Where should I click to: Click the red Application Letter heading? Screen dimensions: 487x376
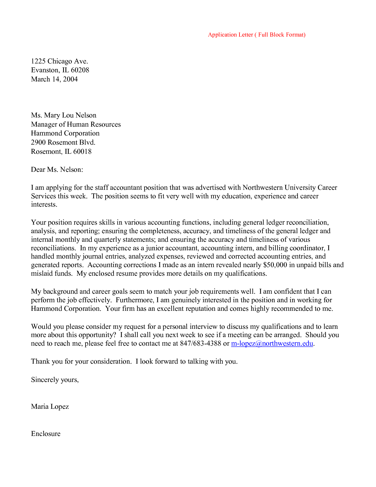[x=257, y=35]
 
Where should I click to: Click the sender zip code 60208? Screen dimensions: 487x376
[x=80, y=70]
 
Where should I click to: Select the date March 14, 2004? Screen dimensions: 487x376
[x=54, y=79]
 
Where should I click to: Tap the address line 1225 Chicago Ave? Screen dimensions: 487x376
[x=59, y=61]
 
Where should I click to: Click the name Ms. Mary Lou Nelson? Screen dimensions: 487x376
[x=63, y=115]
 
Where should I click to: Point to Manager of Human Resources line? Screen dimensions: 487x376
[x=76, y=124]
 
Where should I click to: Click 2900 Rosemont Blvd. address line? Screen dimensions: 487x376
[x=63, y=142]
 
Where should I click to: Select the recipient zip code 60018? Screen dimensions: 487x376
[x=82, y=151]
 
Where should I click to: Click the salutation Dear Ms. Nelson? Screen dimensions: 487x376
[x=57, y=169]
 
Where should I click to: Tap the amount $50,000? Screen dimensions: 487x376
[x=275, y=265]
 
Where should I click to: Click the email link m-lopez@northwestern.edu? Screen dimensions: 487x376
[x=272, y=343]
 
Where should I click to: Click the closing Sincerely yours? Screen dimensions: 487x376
[x=55, y=380]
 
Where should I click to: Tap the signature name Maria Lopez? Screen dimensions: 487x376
[x=50, y=406]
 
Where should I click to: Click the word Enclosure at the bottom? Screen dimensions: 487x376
[x=46, y=434]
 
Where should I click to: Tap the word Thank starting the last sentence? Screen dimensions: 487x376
[x=40, y=361]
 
